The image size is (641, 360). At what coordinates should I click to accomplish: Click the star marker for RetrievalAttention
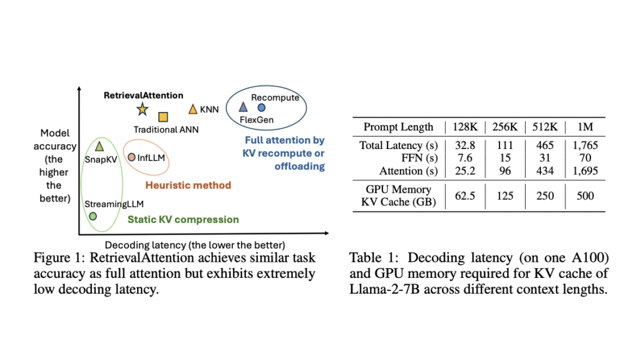click(x=142, y=110)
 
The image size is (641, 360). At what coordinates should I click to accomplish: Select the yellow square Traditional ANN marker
click(x=163, y=116)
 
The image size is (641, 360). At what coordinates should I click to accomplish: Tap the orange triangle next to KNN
click(x=193, y=110)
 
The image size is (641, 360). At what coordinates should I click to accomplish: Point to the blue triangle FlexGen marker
click(x=244, y=108)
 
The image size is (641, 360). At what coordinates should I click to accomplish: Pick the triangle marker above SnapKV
click(x=99, y=147)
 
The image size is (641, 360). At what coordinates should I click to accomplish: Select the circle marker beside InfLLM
click(x=131, y=157)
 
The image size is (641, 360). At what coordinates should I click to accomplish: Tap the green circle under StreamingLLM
click(x=93, y=216)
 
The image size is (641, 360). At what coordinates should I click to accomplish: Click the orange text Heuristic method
click(x=188, y=185)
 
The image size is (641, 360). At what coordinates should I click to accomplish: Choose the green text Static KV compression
click(x=183, y=220)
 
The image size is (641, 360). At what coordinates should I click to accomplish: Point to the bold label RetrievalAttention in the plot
click(x=143, y=95)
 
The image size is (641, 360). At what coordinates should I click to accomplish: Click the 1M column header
click(x=585, y=126)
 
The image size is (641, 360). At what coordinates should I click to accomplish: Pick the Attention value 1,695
click(x=585, y=170)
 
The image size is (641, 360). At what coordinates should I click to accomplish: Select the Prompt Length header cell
click(x=398, y=126)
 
